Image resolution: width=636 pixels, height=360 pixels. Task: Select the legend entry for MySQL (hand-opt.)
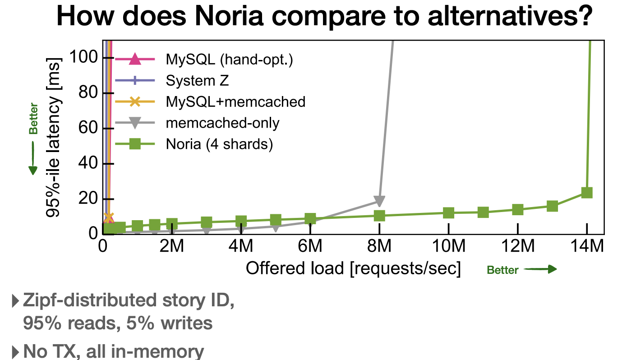point(229,60)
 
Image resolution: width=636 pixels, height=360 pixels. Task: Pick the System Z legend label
point(197,81)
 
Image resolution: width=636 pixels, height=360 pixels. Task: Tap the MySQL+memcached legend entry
point(235,102)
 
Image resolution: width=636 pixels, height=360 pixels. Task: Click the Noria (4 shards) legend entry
point(219,144)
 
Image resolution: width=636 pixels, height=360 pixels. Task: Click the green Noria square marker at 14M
point(586,193)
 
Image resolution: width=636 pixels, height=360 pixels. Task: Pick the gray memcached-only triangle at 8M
point(379,201)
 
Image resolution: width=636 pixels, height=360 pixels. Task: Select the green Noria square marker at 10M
point(448,213)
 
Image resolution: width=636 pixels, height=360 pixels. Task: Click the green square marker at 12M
point(517,209)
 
